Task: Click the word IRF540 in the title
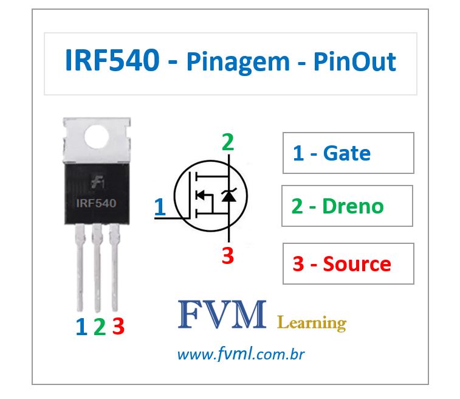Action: (x=112, y=61)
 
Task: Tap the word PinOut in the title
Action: (x=355, y=61)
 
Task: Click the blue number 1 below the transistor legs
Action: (x=81, y=327)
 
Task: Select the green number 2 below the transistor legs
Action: (x=100, y=327)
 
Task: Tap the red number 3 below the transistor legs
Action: (x=118, y=327)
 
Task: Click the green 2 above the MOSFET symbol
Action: (x=227, y=143)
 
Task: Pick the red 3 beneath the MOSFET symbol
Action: (x=227, y=256)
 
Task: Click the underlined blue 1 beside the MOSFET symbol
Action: (x=160, y=207)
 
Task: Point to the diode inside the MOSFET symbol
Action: (x=228, y=195)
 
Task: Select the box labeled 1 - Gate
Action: (x=348, y=153)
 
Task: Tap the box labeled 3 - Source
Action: (x=348, y=263)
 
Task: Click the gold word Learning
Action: (x=311, y=322)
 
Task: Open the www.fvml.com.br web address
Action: (x=241, y=354)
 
